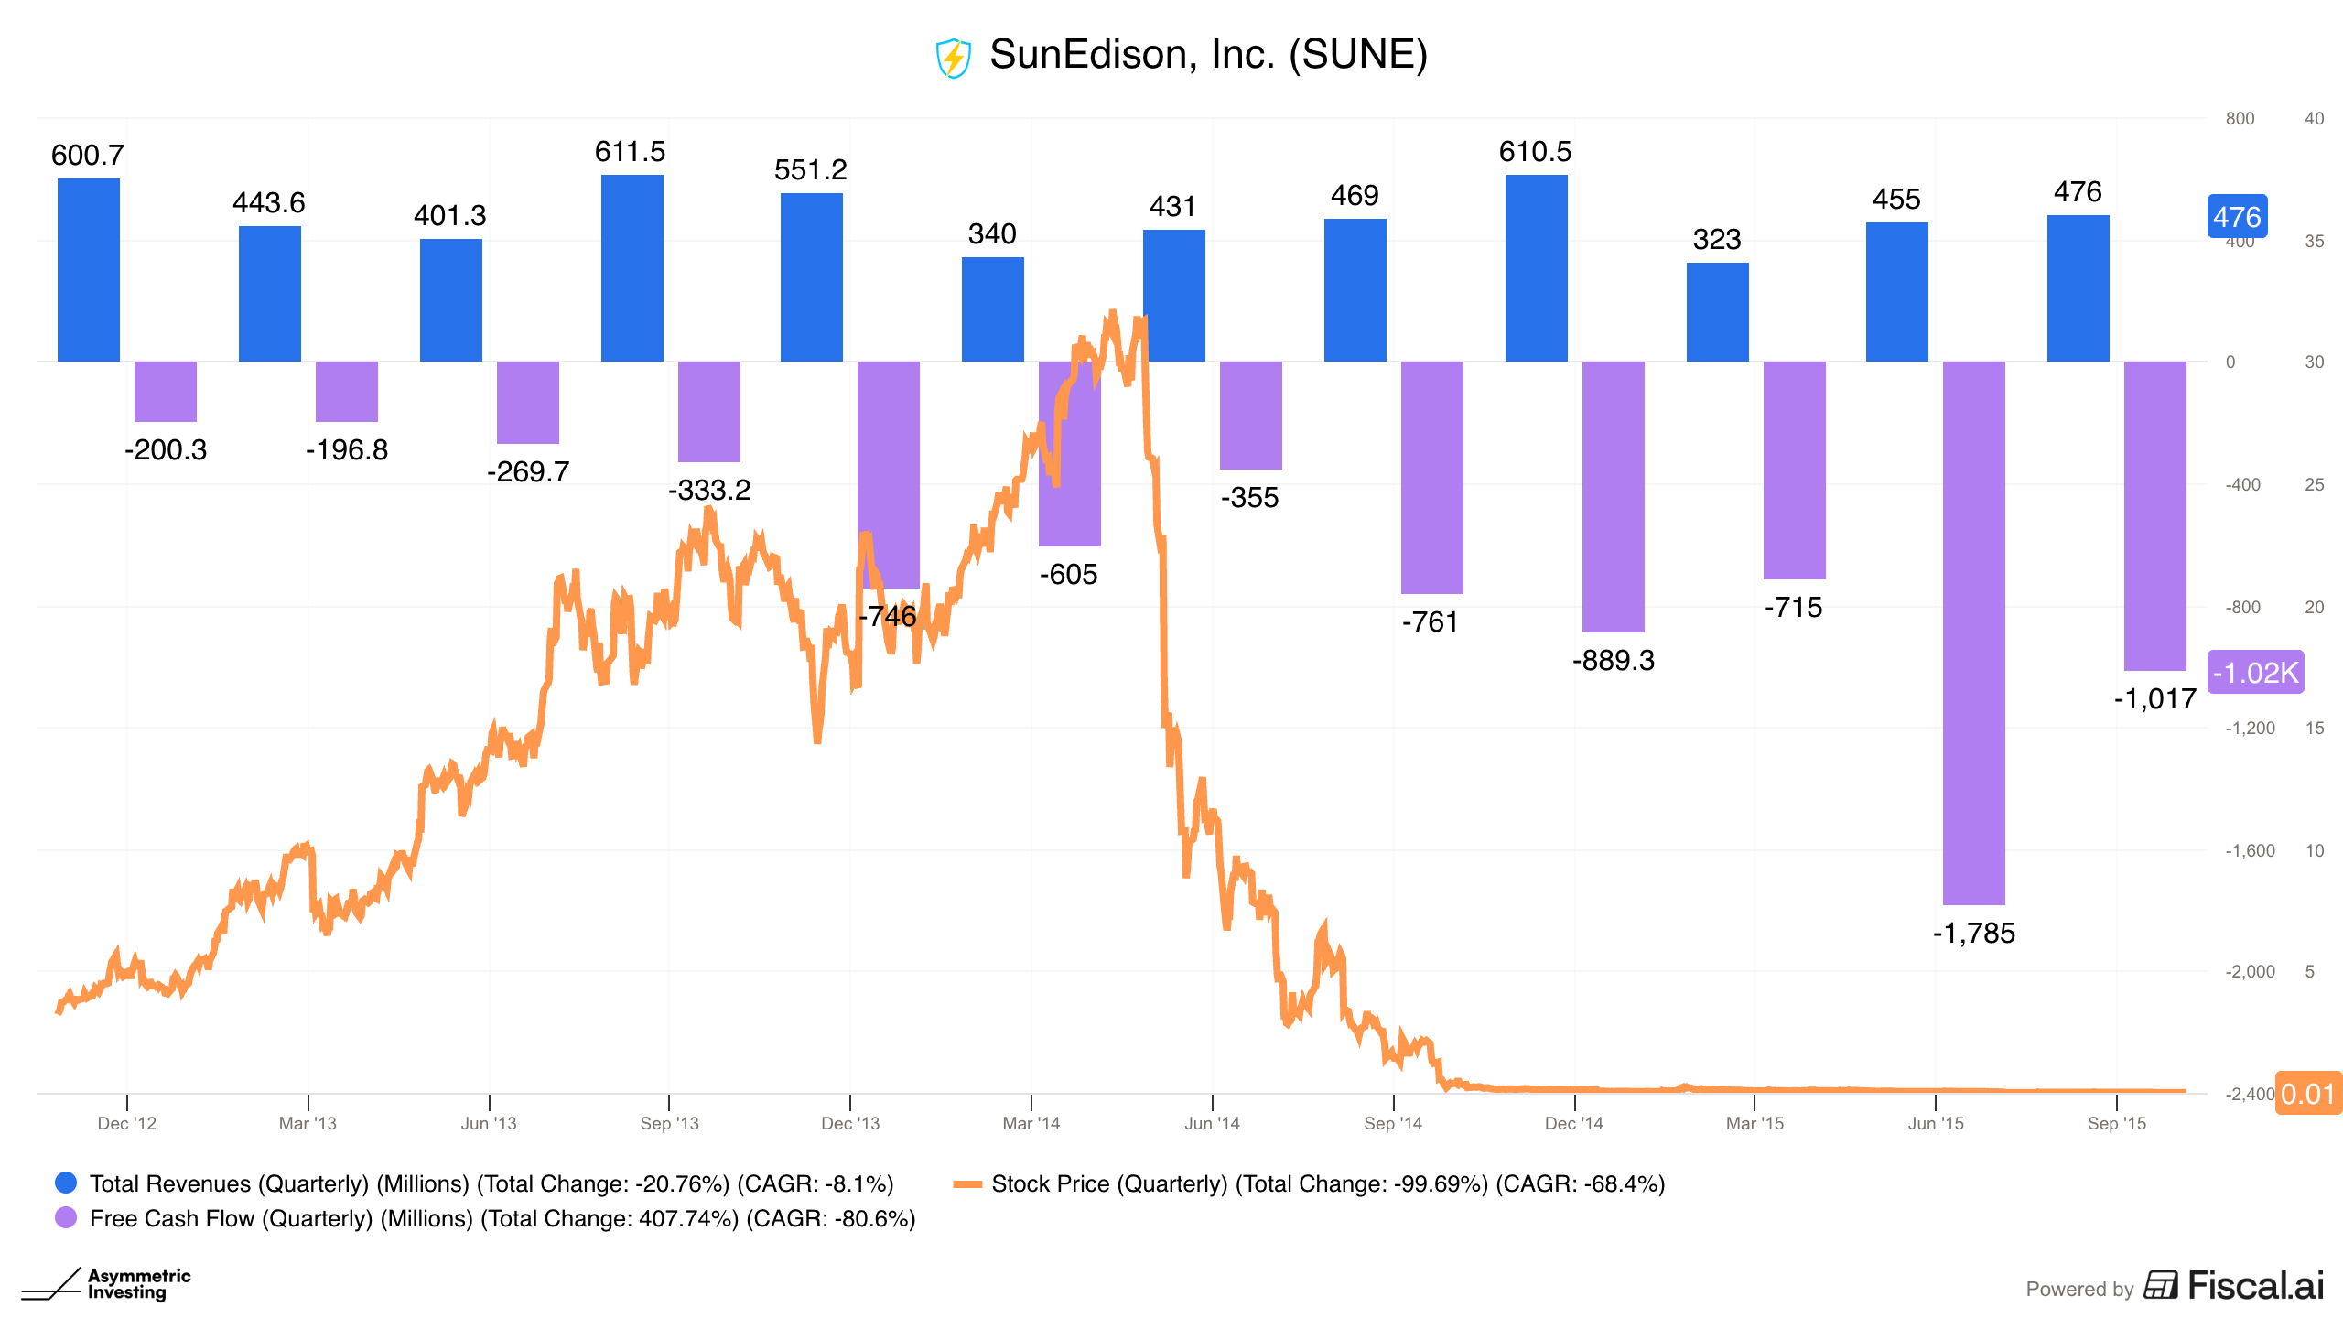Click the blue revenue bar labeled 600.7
[x=89, y=270]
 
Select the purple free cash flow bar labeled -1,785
[x=1974, y=633]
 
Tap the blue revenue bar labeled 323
[x=1718, y=312]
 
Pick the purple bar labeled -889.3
[x=1614, y=497]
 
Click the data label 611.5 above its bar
[x=631, y=152]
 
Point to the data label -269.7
[x=528, y=472]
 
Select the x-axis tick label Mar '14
[x=1031, y=1123]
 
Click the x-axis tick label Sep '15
[x=2117, y=1123]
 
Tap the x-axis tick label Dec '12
[x=127, y=1123]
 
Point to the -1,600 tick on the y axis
[x=2250, y=850]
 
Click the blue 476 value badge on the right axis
[x=2237, y=217]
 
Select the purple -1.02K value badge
[x=2255, y=673]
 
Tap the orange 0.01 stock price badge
[x=2308, y=1094]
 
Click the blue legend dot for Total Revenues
[x=66, y=1183]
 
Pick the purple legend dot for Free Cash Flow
[x=66, y=1217]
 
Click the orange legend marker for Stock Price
[x=967, y=1183]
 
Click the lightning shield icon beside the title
[x=953, y=58]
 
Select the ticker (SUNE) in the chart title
[x=1358, y=55]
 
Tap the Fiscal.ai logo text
[x=2255, y=1286]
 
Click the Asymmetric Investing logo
[x=106, y=1283]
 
